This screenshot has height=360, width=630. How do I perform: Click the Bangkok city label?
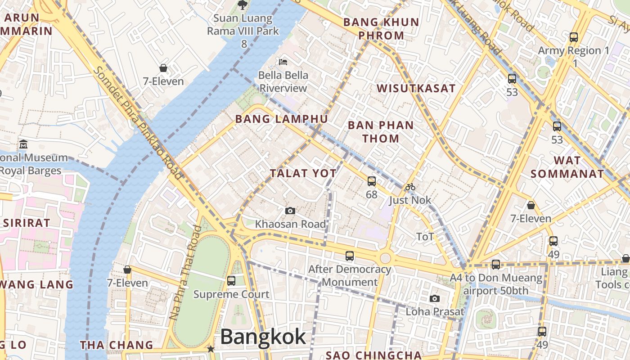263,337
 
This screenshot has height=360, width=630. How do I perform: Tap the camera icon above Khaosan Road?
290,211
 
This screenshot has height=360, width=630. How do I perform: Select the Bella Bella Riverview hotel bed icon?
283,62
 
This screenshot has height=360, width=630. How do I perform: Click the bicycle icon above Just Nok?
410,187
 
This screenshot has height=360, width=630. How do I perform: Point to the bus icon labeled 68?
371,181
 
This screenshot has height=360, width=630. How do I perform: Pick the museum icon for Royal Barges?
23,145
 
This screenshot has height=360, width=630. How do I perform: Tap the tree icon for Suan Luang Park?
243,5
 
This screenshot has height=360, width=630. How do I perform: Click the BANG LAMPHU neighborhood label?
282,119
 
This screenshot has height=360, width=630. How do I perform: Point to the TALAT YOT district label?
303,173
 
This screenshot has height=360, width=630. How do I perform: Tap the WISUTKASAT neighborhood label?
416,88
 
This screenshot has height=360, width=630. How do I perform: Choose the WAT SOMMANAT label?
567,167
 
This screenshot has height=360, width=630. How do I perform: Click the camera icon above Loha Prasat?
434,298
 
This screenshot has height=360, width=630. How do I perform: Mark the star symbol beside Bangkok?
210,349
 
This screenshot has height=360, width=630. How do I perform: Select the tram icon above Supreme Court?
231,281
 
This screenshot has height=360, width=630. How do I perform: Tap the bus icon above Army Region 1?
573,37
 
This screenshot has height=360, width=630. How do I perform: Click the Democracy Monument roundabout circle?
385,258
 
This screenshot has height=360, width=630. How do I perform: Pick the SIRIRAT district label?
27,223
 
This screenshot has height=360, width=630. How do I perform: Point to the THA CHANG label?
117,345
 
